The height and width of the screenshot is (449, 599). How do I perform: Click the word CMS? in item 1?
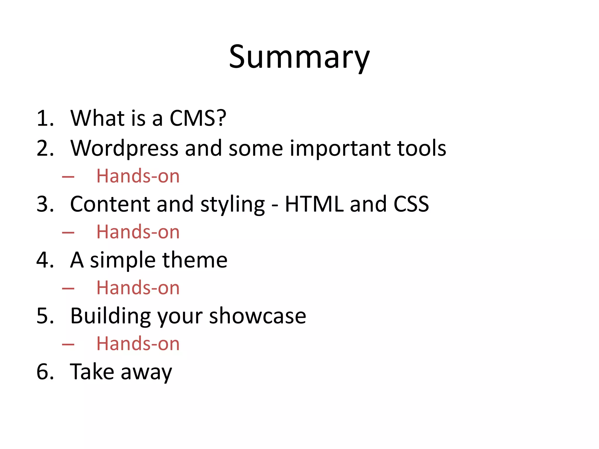coord(198,118)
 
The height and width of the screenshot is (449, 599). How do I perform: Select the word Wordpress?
coord(124,148)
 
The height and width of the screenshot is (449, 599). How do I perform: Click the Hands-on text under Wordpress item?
coord(138,176)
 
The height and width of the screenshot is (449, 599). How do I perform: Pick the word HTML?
coord(314,204)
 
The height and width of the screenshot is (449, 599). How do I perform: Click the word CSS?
coord(411,204)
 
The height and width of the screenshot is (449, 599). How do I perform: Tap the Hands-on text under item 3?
coord(138,232)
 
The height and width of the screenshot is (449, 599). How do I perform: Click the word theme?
coord(195,260)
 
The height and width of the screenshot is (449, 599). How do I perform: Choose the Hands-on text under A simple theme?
coord(138,288)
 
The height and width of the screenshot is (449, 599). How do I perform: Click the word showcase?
coord(258,316)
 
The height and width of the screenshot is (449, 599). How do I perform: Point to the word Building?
coord(111,316)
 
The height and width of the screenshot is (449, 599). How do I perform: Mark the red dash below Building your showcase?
coord(68,344)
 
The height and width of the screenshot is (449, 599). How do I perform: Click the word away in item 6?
coord(146,372)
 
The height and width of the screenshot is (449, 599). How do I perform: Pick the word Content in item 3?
coord(110,204)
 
